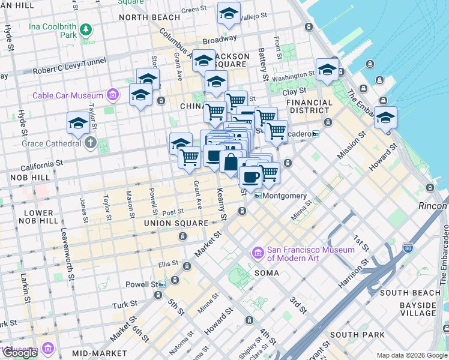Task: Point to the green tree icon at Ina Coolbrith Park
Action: pos(86,29)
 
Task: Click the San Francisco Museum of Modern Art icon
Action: pos(259,254)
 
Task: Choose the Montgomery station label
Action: pos(285,196)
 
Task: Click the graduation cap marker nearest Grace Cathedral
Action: pos(78,124)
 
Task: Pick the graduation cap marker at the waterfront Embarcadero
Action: pos(385,118)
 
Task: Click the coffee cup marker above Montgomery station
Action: pos(250,177)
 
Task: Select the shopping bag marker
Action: pos(231,162)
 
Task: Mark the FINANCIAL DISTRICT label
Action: pos(309,106)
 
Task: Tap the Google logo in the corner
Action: pos(20,353)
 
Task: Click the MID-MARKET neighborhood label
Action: pos(99,353)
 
